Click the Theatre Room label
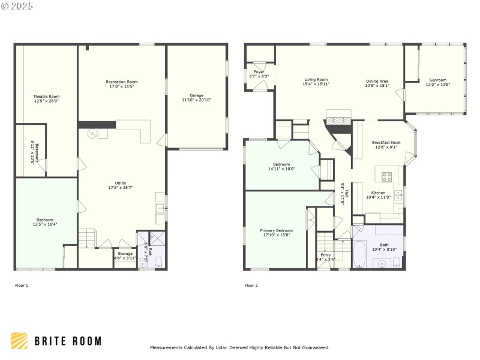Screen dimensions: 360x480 pyautogui.click(x=46, y=96)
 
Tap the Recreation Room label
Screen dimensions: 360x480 pyautogui.click(x=122, y=82)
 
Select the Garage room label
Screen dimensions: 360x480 pyautogui.click(x=196, y=95)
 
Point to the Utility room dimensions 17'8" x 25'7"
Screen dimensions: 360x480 pyautogui.click(x=121, y=187)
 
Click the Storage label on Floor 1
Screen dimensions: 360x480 pyautogui.click(x=125, y=254)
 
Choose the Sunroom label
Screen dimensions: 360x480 pyautogui.click(x=437, y=80)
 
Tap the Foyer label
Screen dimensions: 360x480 pyautogui.click(x=259, y=71)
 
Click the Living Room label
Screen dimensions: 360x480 pyautogui.click(x=316, y=80)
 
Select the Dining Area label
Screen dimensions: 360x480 pyautogui.click(x=377, y=80)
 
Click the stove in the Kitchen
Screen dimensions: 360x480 pyautogui.click(x=387, y=177)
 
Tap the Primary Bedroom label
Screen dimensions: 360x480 pyautogui.click(x=276, y=230)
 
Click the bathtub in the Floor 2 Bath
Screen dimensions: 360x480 pyautogui.click(x=359, y=254)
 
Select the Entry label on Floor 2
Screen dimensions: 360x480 pyautogui.click(x=325, y=255)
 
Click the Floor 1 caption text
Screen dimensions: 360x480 pyautogui.click(x=22, y=286)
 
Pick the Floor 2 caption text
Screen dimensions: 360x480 pyautogui.click(x=251, y=286)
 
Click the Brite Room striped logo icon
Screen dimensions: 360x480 pyautogui.click(x=19, y=341)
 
